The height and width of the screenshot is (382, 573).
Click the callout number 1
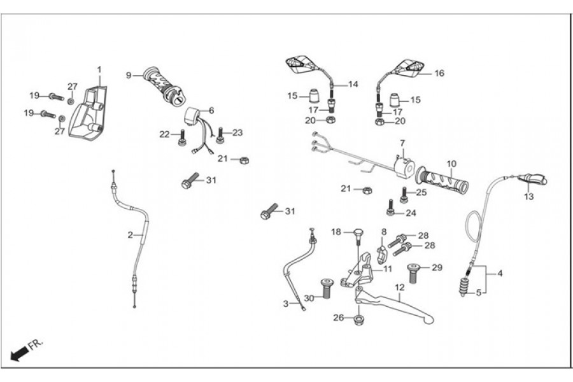(99, 69)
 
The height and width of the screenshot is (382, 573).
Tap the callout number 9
(129, 75)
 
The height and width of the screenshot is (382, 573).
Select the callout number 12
(399, 287)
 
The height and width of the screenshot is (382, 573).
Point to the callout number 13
(528, 197)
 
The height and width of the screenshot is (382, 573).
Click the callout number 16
(439, 73)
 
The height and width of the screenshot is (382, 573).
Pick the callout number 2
(130, 235)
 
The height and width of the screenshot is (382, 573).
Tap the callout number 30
(308, 298)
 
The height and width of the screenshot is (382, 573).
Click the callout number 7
(402, 142)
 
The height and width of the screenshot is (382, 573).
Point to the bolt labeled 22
(181, 136)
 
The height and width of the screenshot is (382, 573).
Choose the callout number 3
(285, 302)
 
